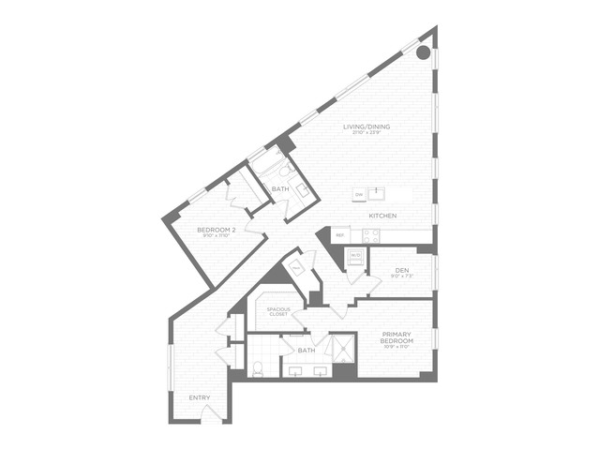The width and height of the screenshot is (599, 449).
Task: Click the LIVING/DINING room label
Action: (x=367, y=126)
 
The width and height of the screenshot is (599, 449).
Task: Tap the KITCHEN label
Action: (x=382, y=217)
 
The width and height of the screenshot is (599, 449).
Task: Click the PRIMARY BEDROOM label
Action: (x=403, y=337)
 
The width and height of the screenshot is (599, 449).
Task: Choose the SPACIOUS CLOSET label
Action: (x=277, y=311)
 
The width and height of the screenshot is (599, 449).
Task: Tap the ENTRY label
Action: (x=199, y=398)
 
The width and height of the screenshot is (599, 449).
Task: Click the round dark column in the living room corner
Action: (x=424, y=52)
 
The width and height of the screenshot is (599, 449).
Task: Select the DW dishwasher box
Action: (x=358, y=195)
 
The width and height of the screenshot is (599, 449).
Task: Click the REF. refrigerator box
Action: (x=339, y=234)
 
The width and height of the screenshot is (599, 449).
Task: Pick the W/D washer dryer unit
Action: (x=355, y=256)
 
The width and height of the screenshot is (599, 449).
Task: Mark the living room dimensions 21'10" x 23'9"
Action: (x=367, y=133)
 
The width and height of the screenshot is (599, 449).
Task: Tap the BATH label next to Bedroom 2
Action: (x=280, y=189)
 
